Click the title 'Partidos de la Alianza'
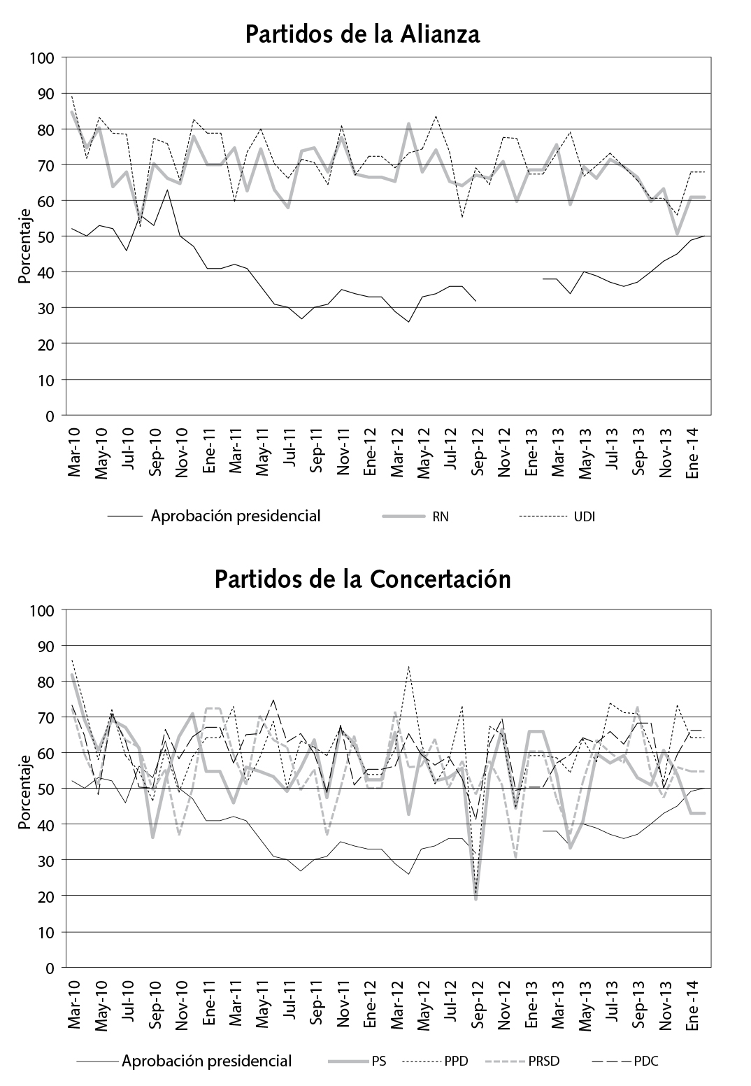pos(362,34)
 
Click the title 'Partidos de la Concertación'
pos(362,580)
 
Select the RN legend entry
pos(441,517)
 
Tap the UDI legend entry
pos(585,517)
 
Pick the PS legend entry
pos(378,1062)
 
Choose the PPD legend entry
pos(456,1062)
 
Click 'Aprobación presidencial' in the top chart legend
pos(236,516)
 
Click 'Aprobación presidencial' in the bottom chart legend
pos(206,1061)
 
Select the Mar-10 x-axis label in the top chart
pos(75,452)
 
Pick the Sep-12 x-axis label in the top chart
pos(478,452)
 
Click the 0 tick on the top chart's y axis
pos(50,416)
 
